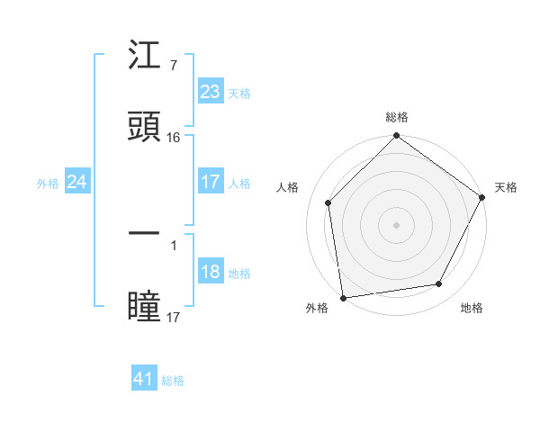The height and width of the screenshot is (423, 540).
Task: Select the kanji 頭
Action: click(144, 126)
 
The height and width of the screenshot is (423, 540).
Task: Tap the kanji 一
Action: click(144, 232)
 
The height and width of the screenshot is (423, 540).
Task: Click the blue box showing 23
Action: click(210, 92)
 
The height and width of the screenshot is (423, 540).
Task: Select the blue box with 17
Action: click(210, 182)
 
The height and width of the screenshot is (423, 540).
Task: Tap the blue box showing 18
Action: click(210, 273)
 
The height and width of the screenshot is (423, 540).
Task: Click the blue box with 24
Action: click(76, 182)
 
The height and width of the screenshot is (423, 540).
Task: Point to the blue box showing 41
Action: click(144, 379)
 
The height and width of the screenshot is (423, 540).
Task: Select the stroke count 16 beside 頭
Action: click(174, 138)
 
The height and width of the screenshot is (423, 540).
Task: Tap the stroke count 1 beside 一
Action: click(173, 244)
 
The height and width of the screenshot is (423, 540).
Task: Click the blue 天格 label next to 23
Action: click(239, 93)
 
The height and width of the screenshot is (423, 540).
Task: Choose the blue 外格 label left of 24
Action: click(48, 183)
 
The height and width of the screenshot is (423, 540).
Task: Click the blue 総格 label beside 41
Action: click(173, 381)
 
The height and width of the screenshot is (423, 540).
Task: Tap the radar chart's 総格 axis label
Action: click(397, 117)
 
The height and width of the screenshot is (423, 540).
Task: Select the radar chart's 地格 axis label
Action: click(472, 308)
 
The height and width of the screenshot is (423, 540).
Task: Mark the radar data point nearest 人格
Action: click(328, 202)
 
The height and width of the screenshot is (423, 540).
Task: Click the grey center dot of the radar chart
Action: click(397, 224)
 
